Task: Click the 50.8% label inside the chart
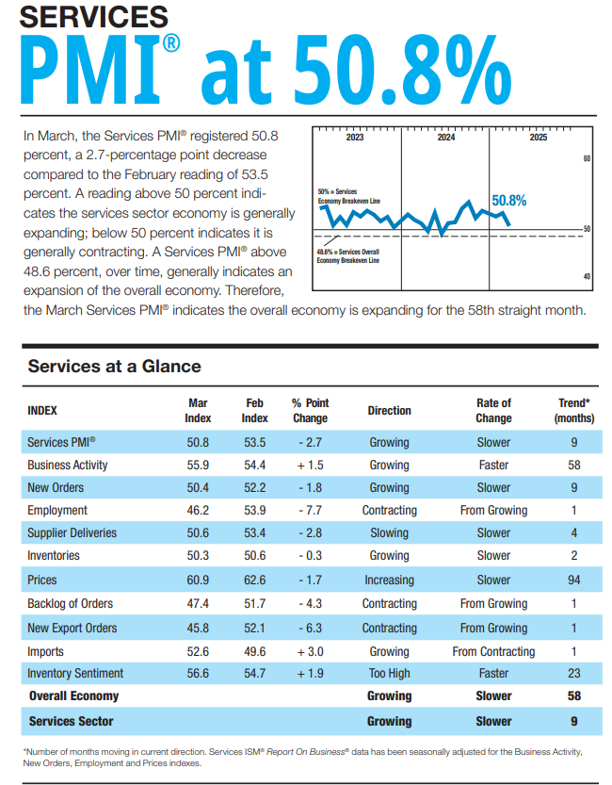tap(508, 201)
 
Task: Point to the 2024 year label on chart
tap(446, 138)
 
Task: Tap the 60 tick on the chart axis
tap(586, 159)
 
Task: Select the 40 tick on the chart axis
tap(586, 276)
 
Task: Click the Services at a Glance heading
tap(114, 367)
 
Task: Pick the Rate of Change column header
tap(493, 411)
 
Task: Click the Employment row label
tap(57, 510)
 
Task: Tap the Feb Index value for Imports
tap(254, 651)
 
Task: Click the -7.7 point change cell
tap(310, 510)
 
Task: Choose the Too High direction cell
tap(389, 674)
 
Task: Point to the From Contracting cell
tap(493, 651)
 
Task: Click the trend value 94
tap(573, 581)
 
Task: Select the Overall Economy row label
tap(73, 696)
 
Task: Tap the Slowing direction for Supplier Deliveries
tap(389, 533)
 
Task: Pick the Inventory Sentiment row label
tap(76, 674)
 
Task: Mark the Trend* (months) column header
tap(573, 411)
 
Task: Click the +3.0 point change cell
tap(310, 651)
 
